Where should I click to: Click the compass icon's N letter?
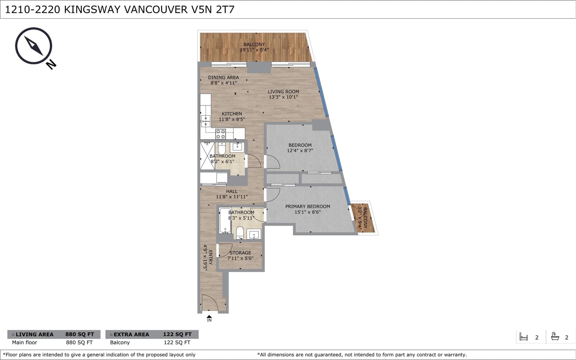coord(51,64)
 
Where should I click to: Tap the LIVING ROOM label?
coord(283,92)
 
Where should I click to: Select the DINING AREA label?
coord(223,77)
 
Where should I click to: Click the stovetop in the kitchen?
coord(221,134)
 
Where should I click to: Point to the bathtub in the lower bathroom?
coord(225,220)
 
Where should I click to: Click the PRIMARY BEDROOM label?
coord(307,207)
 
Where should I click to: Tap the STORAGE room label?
coord(240,253)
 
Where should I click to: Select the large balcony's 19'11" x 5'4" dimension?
coord(254,50)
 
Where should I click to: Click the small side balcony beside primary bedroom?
coord(364,218)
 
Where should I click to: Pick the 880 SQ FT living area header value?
coord(80,334)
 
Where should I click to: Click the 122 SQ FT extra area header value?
coord(177,334)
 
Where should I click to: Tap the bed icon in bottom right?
coord(524,337)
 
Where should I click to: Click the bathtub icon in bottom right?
coord(555,337)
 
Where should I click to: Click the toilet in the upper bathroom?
coord(222,148)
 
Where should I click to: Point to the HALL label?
coord(231,192)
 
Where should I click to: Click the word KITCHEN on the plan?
coord(232,114)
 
